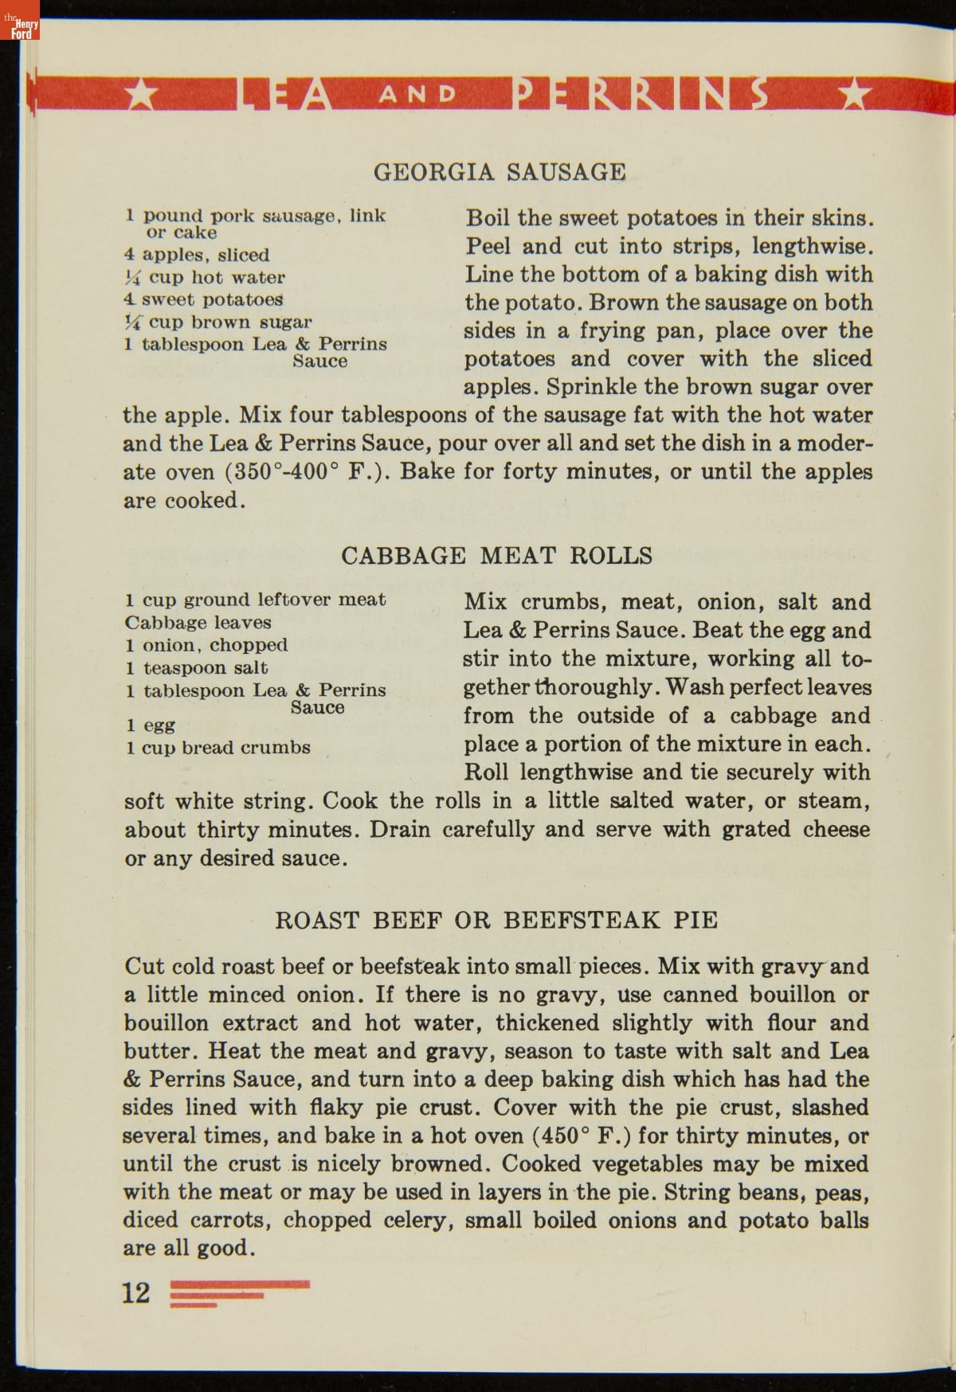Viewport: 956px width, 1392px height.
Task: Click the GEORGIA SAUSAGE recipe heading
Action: click(500, 172)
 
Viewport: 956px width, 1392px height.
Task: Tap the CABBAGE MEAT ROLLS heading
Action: click(496, 555)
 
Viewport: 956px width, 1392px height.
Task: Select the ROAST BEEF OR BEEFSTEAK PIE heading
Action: click(496, 920)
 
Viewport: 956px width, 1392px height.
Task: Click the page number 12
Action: click(135, 1292)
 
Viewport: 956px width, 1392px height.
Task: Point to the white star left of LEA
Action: click(142, 95)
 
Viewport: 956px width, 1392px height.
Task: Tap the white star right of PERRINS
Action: click(855, 95)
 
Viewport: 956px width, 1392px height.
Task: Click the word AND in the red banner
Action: click(417, 95)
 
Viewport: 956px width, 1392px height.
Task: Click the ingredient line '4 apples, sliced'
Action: click(198, 255)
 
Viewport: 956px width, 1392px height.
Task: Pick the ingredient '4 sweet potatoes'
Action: click(203, 299)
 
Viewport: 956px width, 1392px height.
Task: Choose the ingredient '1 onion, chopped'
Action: click(206, 645)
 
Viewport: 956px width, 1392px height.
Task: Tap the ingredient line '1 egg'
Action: click(150, 725)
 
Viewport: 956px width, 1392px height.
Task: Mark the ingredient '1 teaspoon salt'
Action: click(196, 667)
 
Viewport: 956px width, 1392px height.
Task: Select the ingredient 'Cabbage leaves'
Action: click(198, 622)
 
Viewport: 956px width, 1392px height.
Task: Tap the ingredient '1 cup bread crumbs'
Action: click(217, 747)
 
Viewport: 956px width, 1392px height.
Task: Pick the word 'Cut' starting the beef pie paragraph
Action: click(143, 966)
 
